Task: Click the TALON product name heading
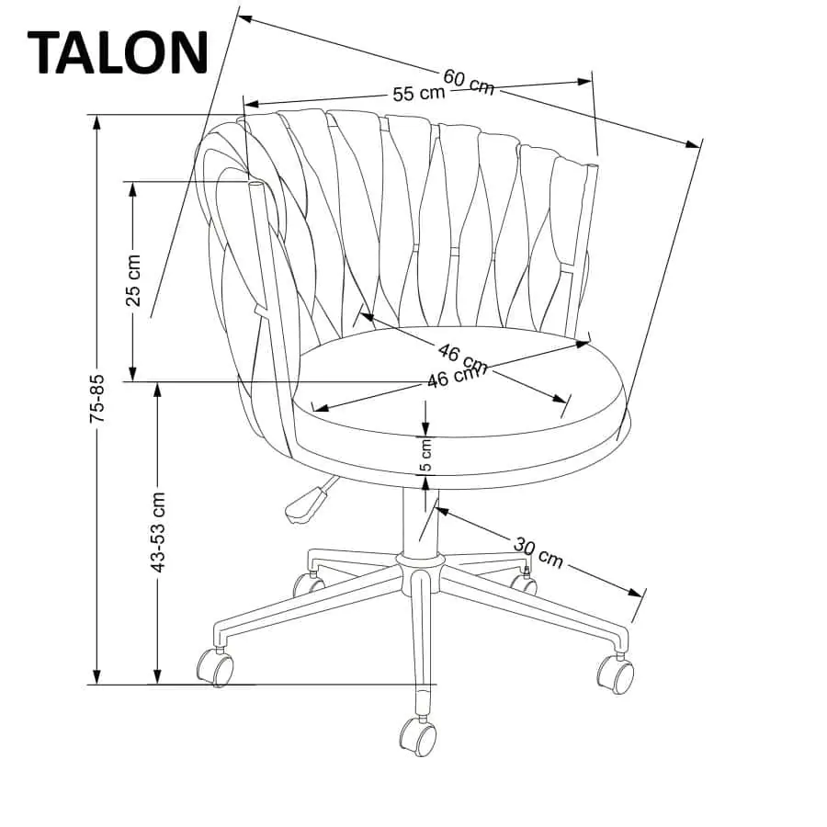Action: pyautogui.click(x=118, y=52)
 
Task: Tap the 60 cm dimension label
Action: pyautogui.click(x=469, y=83)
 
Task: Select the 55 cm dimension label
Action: pyautogui.click(x=419, y=94)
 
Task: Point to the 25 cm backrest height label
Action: pyautogui.click(x=134, y=280)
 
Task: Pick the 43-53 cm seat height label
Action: pyautogui.click(x=158, y=532)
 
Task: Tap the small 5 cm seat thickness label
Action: pyautogui.click(x=425, y=454)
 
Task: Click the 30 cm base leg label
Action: pyautogui.click(x=538, y=551)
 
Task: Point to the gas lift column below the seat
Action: pyautogui.click(x=420, y=521)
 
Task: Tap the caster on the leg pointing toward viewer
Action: pyautogui.click(x=418, y=736)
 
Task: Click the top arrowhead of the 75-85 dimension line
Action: pyautogui.click(x=96, y=122)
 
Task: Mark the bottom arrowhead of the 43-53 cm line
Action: pyautogui.click(x=156, y=676)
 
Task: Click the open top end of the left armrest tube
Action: pyautogui.click(x=255, y=185)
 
